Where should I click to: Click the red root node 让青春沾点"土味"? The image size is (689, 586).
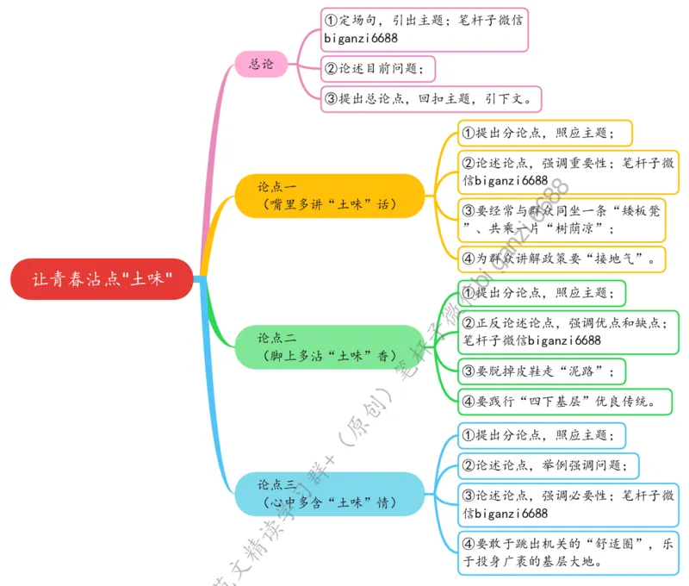102,279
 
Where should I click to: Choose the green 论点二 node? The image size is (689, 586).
329,346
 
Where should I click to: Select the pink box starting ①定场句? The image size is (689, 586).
424,29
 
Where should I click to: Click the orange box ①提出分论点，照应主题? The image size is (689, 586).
544,133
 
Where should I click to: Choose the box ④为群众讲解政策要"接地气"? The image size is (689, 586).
561,258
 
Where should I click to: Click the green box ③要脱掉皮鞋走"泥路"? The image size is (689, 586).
540,371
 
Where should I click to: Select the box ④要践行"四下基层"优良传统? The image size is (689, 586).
564,401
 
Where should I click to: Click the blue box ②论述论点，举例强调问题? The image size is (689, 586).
548,466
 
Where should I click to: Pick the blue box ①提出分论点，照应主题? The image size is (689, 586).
540,435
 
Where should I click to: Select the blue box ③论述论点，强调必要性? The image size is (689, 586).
568,504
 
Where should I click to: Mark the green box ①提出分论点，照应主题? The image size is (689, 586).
540,293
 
